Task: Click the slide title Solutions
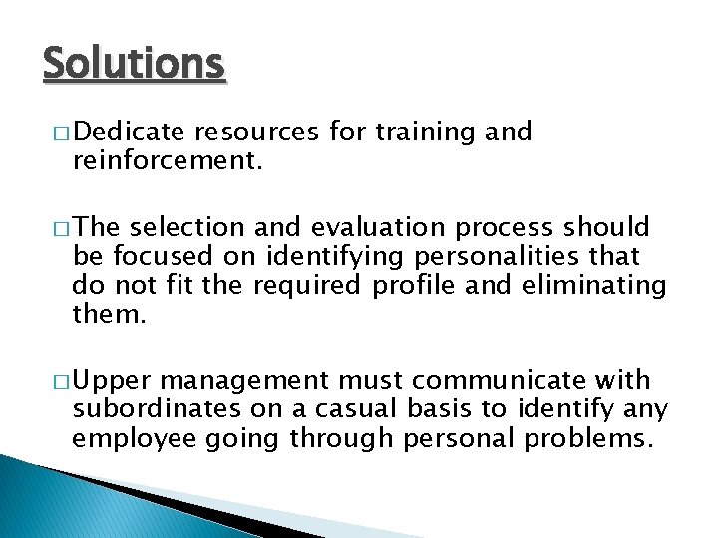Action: coord(135,65)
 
